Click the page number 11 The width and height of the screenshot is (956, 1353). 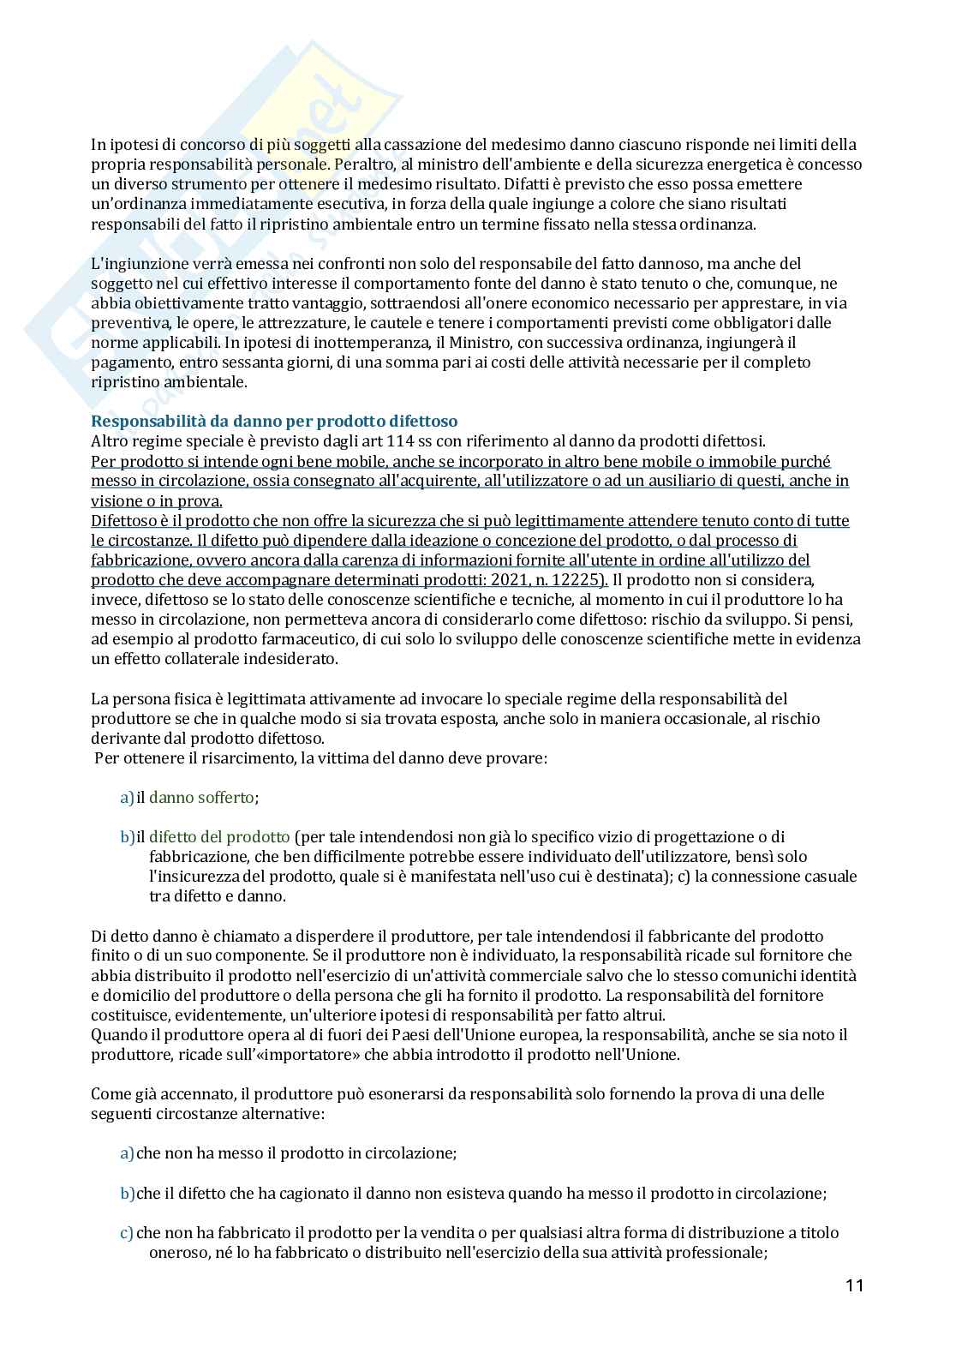(853, 1285)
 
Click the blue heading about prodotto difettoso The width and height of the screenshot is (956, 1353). (274, 422)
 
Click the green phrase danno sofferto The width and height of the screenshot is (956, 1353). (201, 798)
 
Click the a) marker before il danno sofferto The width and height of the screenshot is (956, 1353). (127, 798)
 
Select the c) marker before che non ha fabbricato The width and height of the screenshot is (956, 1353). (127, 1233)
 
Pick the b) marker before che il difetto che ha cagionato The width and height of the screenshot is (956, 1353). (127, 1194)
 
